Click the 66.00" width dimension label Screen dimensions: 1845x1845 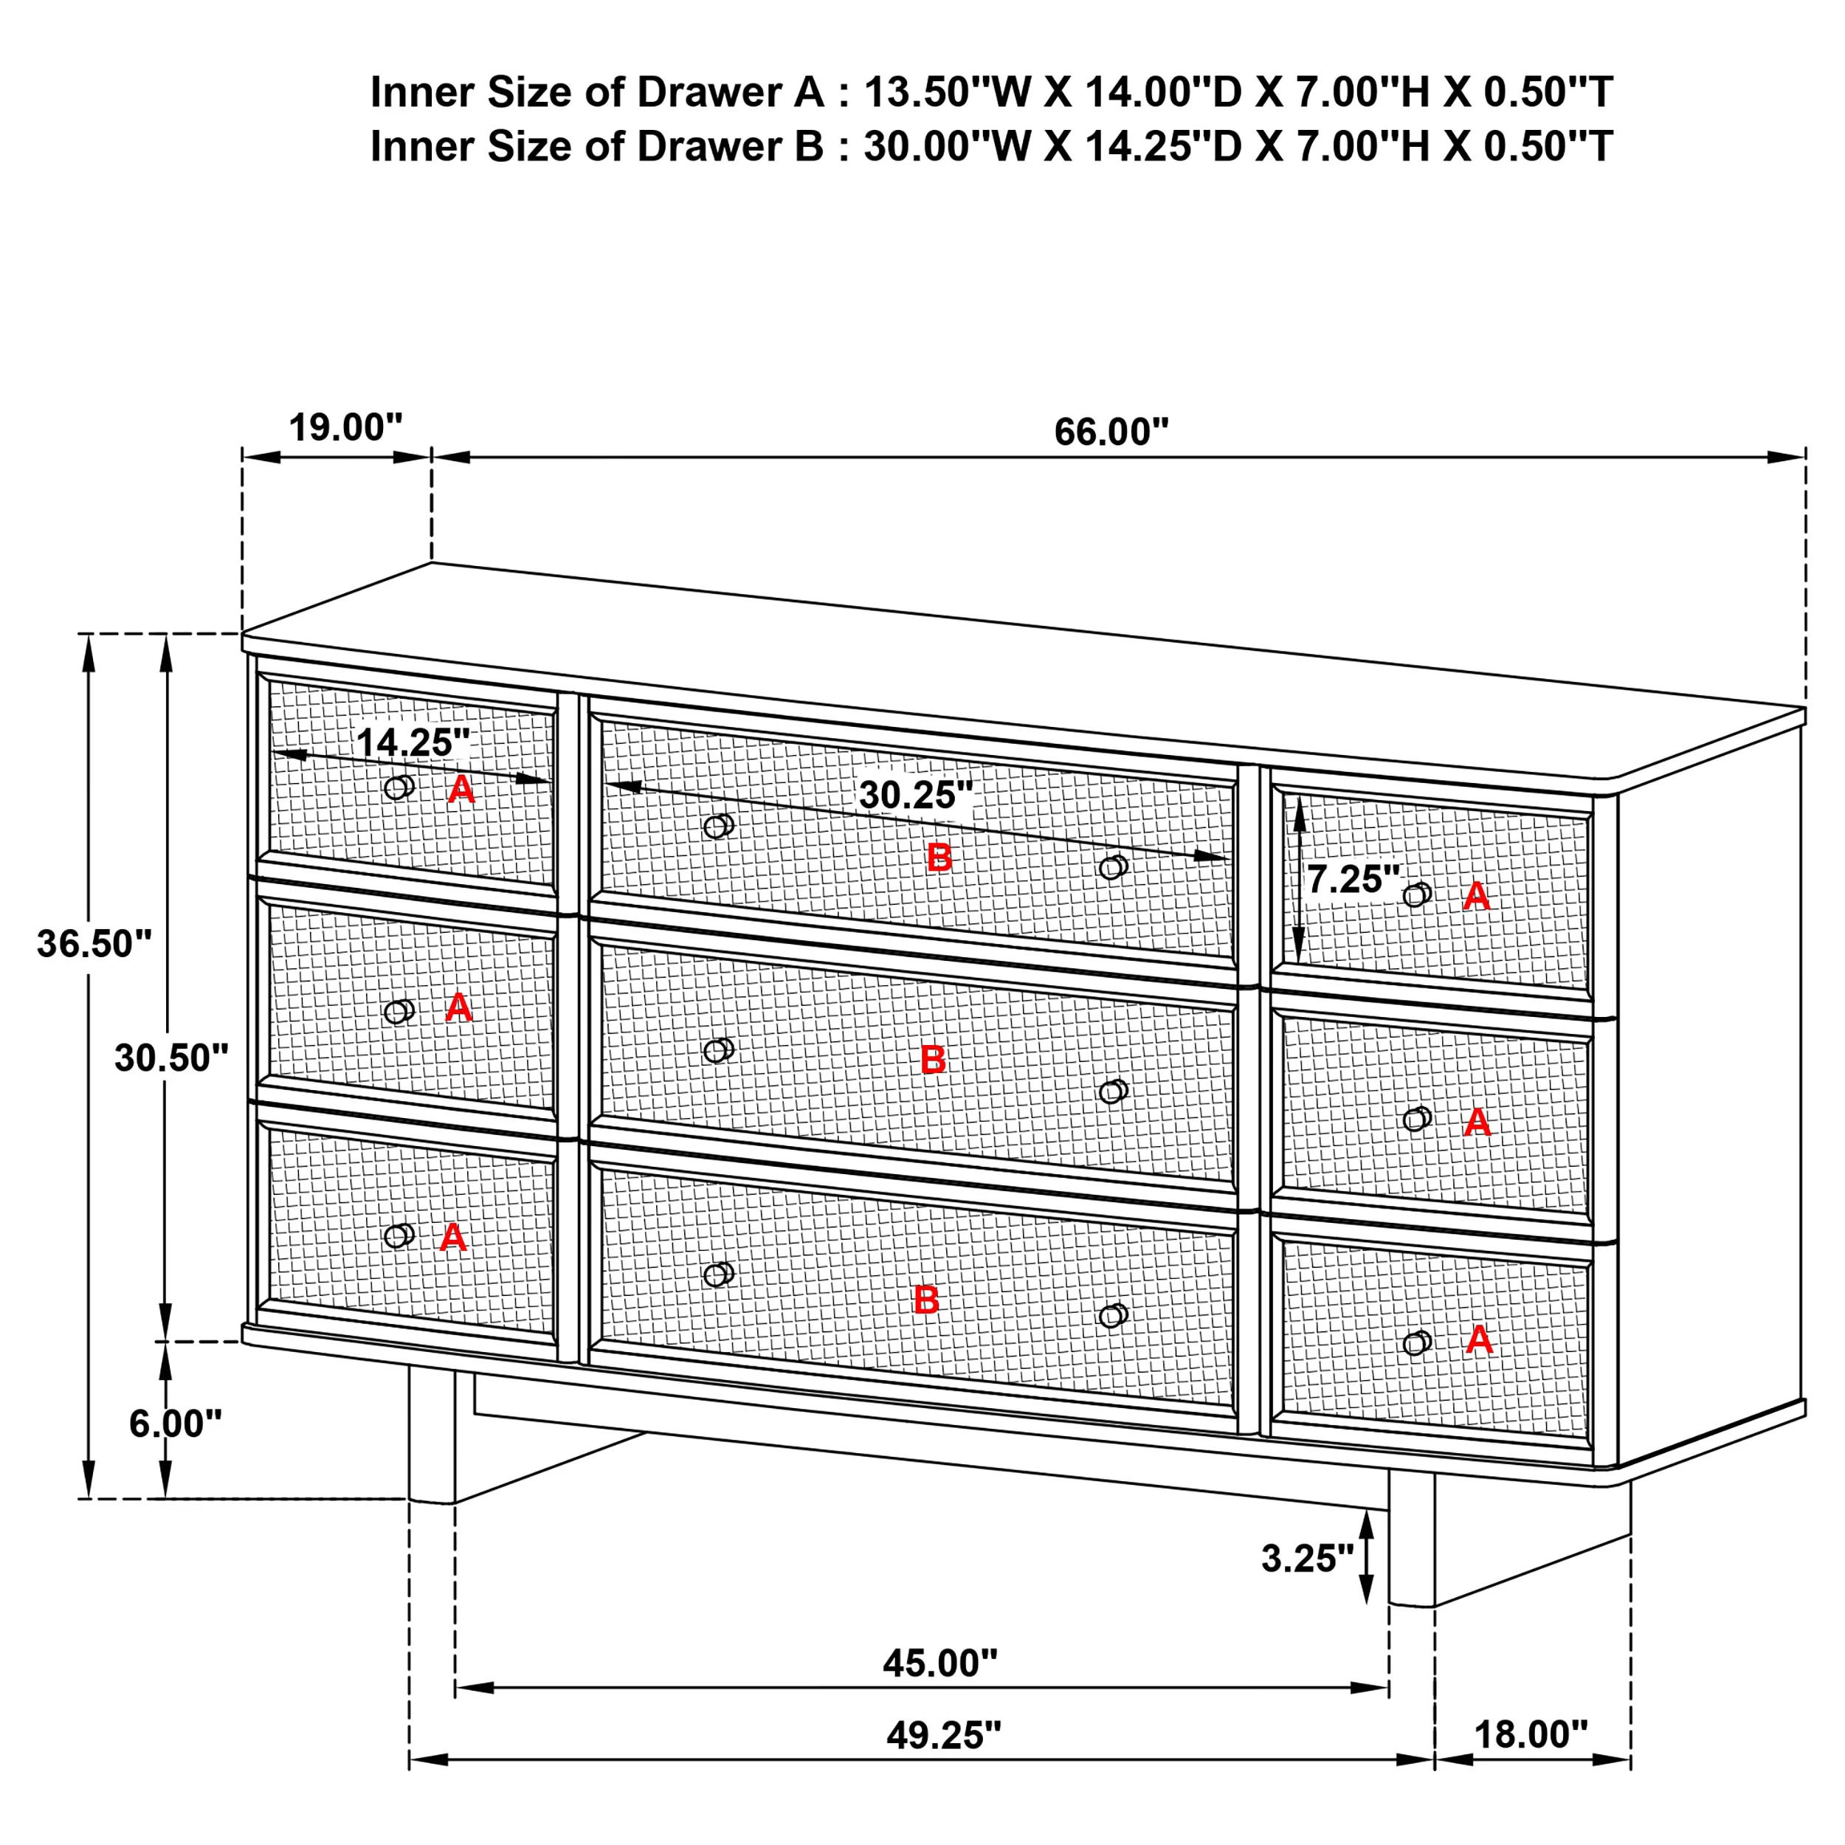[x=1111, y=432]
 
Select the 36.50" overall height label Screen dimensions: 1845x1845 [x=94, y=943]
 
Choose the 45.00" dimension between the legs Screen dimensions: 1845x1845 [x=939, y=1663]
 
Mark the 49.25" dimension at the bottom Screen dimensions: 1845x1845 [x=943, y=1735]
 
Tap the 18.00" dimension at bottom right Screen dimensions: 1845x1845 [x=1531, y=1734]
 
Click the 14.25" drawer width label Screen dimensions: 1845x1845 [x=413, y=742]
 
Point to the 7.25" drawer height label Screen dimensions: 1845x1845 [x=1352, y=878]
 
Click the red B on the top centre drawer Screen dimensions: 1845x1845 [x=939, y=858]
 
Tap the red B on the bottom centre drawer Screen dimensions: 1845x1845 [x=925, y=1300]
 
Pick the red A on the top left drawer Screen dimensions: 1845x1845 [x=461, y=789]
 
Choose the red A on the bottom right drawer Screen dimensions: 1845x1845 [x=1478, y=1339]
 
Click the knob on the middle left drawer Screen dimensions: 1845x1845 [x=399, y=1011]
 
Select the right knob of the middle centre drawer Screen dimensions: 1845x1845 [x=1113, y=1091]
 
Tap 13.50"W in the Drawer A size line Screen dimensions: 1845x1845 [x=948, y=93]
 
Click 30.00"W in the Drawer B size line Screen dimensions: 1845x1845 [x=948, y=147]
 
